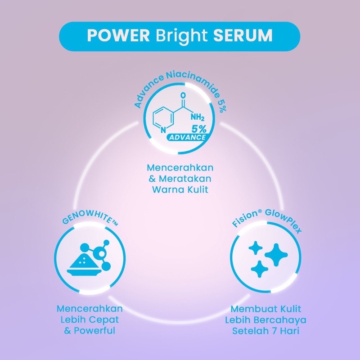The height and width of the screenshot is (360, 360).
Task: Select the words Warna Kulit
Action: (180, 189)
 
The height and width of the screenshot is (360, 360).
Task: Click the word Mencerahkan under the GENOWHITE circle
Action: (90, 309)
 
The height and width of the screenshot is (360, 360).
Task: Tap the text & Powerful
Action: (90, 331)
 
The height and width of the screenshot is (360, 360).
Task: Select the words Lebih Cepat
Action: (90, 320)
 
